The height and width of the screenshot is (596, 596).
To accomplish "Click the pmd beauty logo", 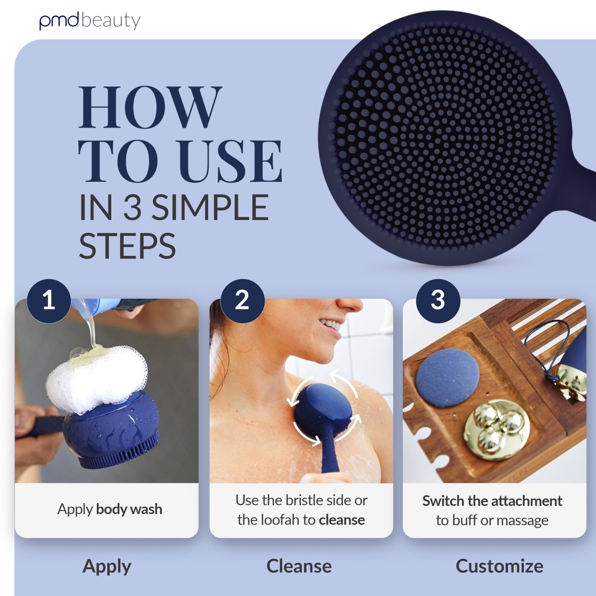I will tap(90, 21).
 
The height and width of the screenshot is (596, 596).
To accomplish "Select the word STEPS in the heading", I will tap(128, 245).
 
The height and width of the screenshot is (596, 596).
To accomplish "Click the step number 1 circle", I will tap(49, 300).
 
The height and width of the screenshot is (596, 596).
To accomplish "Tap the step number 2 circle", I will tap(242, 300).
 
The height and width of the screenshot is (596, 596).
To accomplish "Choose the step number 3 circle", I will tap(438, 300).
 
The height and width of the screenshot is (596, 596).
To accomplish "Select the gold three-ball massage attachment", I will tap(497, 430).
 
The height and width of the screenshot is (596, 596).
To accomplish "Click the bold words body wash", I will tap(129, 509).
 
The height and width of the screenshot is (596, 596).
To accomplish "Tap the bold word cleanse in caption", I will tap(342, 520).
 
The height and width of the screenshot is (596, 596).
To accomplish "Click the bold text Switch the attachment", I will tap(492, 501).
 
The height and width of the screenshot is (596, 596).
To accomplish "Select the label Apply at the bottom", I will tap(107, 566).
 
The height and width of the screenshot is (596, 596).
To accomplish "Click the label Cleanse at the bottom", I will tap(299, 566).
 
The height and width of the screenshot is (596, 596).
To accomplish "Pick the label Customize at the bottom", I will tap(499, 566).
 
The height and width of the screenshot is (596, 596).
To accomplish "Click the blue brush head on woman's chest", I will tap(322, 410).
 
